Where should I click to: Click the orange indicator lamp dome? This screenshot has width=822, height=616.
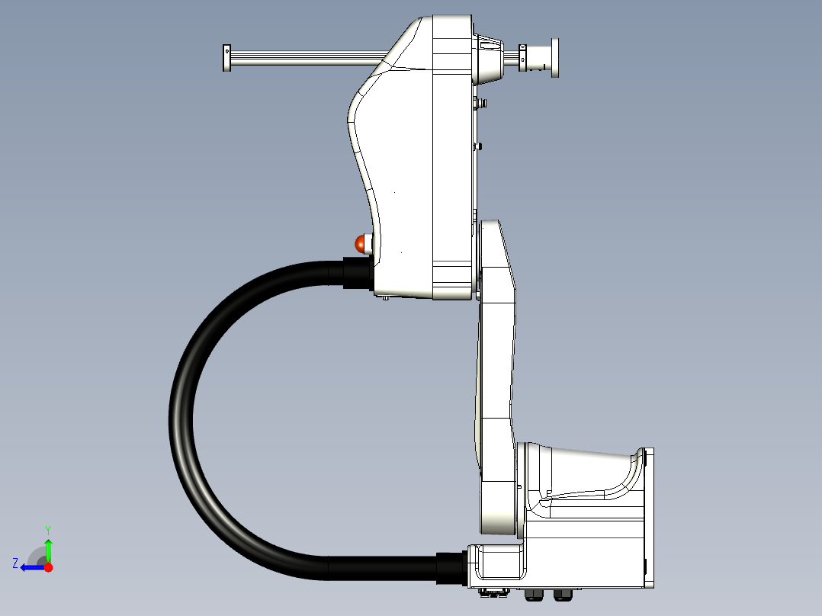[361, 244]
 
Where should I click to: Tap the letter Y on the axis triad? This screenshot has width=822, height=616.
[48, 530]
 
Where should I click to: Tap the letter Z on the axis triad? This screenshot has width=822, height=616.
[15, 563]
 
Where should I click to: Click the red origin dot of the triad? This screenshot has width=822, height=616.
[48, 567]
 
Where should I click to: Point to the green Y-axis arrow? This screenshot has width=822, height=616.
[48, 550]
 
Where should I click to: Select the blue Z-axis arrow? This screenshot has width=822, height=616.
[33, 567]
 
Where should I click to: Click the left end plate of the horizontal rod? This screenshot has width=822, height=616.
[227, 58]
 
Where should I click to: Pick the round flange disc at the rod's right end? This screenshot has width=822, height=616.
[554, 58]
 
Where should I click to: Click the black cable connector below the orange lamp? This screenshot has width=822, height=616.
[358, 273]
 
